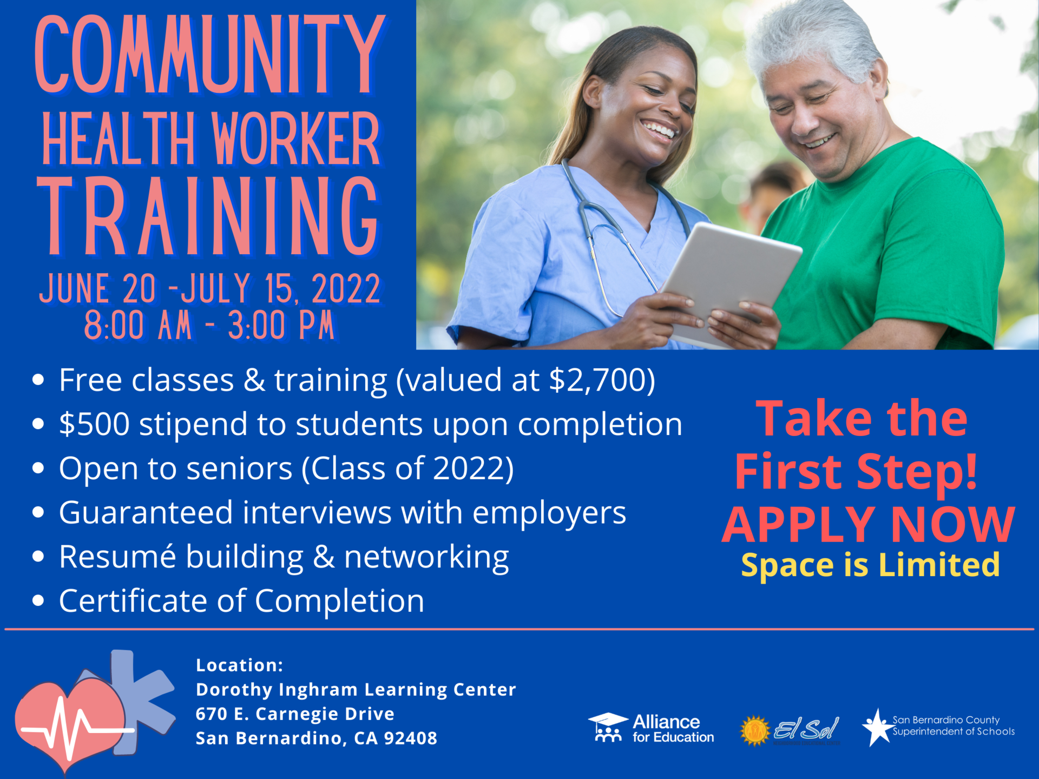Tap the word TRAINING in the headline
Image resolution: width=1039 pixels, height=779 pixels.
[208, 216]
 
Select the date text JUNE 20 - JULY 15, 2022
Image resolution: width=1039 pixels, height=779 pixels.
[210, 289]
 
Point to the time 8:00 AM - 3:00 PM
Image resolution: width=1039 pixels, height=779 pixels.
[209, 326]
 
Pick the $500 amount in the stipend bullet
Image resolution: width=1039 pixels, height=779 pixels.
[94, 424]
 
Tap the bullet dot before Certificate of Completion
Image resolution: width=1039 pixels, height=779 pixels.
[38, 600]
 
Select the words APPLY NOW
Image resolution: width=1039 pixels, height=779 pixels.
[868, 525]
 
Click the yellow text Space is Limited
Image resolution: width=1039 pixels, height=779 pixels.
[870, 565]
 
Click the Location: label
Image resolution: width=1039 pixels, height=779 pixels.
[239, 665]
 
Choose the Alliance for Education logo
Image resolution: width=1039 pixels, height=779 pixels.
[651, 728]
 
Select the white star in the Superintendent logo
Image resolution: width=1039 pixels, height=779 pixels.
[877, 728]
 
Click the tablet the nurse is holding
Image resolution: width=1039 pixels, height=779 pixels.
[731, 276]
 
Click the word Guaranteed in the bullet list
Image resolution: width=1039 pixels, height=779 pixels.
[146, 512]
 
